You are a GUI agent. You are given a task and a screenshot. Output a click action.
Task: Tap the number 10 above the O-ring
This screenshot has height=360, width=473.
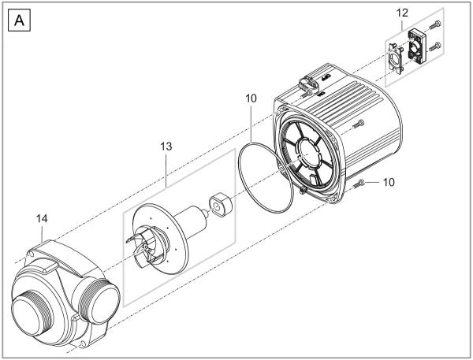[251, 101]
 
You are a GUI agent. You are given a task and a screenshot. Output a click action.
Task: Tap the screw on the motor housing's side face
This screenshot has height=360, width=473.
[359, 123]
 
